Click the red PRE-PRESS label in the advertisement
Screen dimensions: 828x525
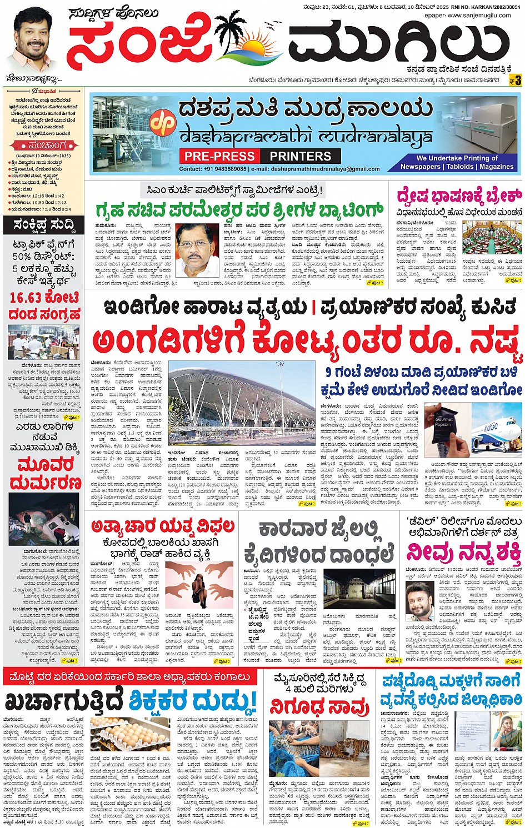coord(220,156)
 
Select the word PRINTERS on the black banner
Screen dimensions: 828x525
coord(300,156)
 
